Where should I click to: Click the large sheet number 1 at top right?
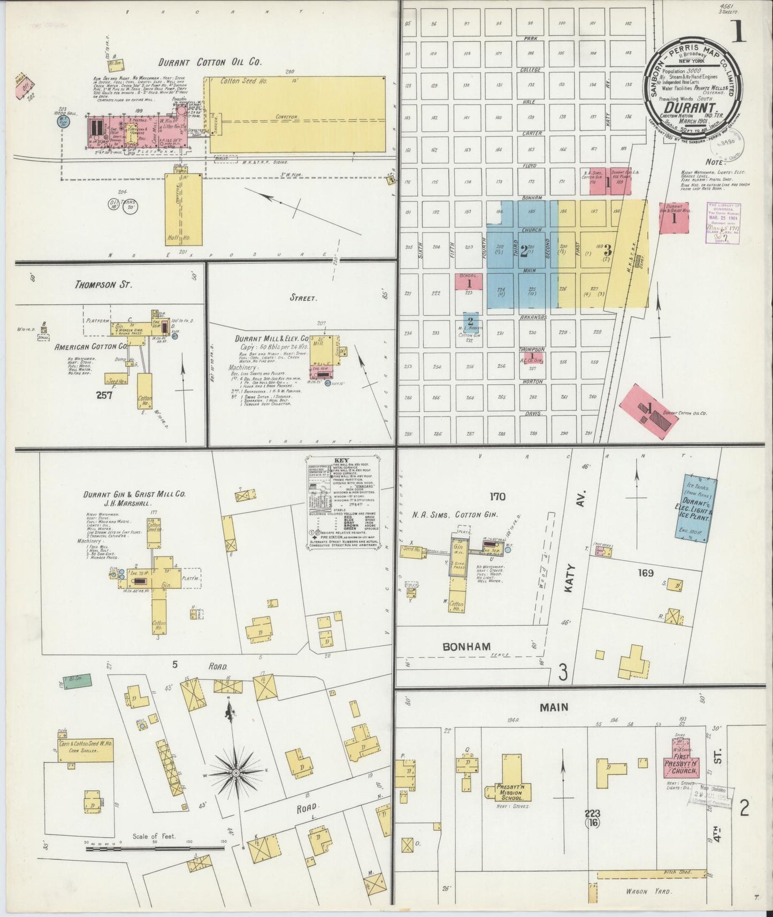(x=739, y=31)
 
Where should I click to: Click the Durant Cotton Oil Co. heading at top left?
(x=210, y=62)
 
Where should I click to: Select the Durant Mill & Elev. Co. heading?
(x=272, y=339)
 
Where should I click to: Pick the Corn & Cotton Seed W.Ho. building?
(x=86, y=750)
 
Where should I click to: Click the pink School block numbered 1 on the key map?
(x=469, y=282)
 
